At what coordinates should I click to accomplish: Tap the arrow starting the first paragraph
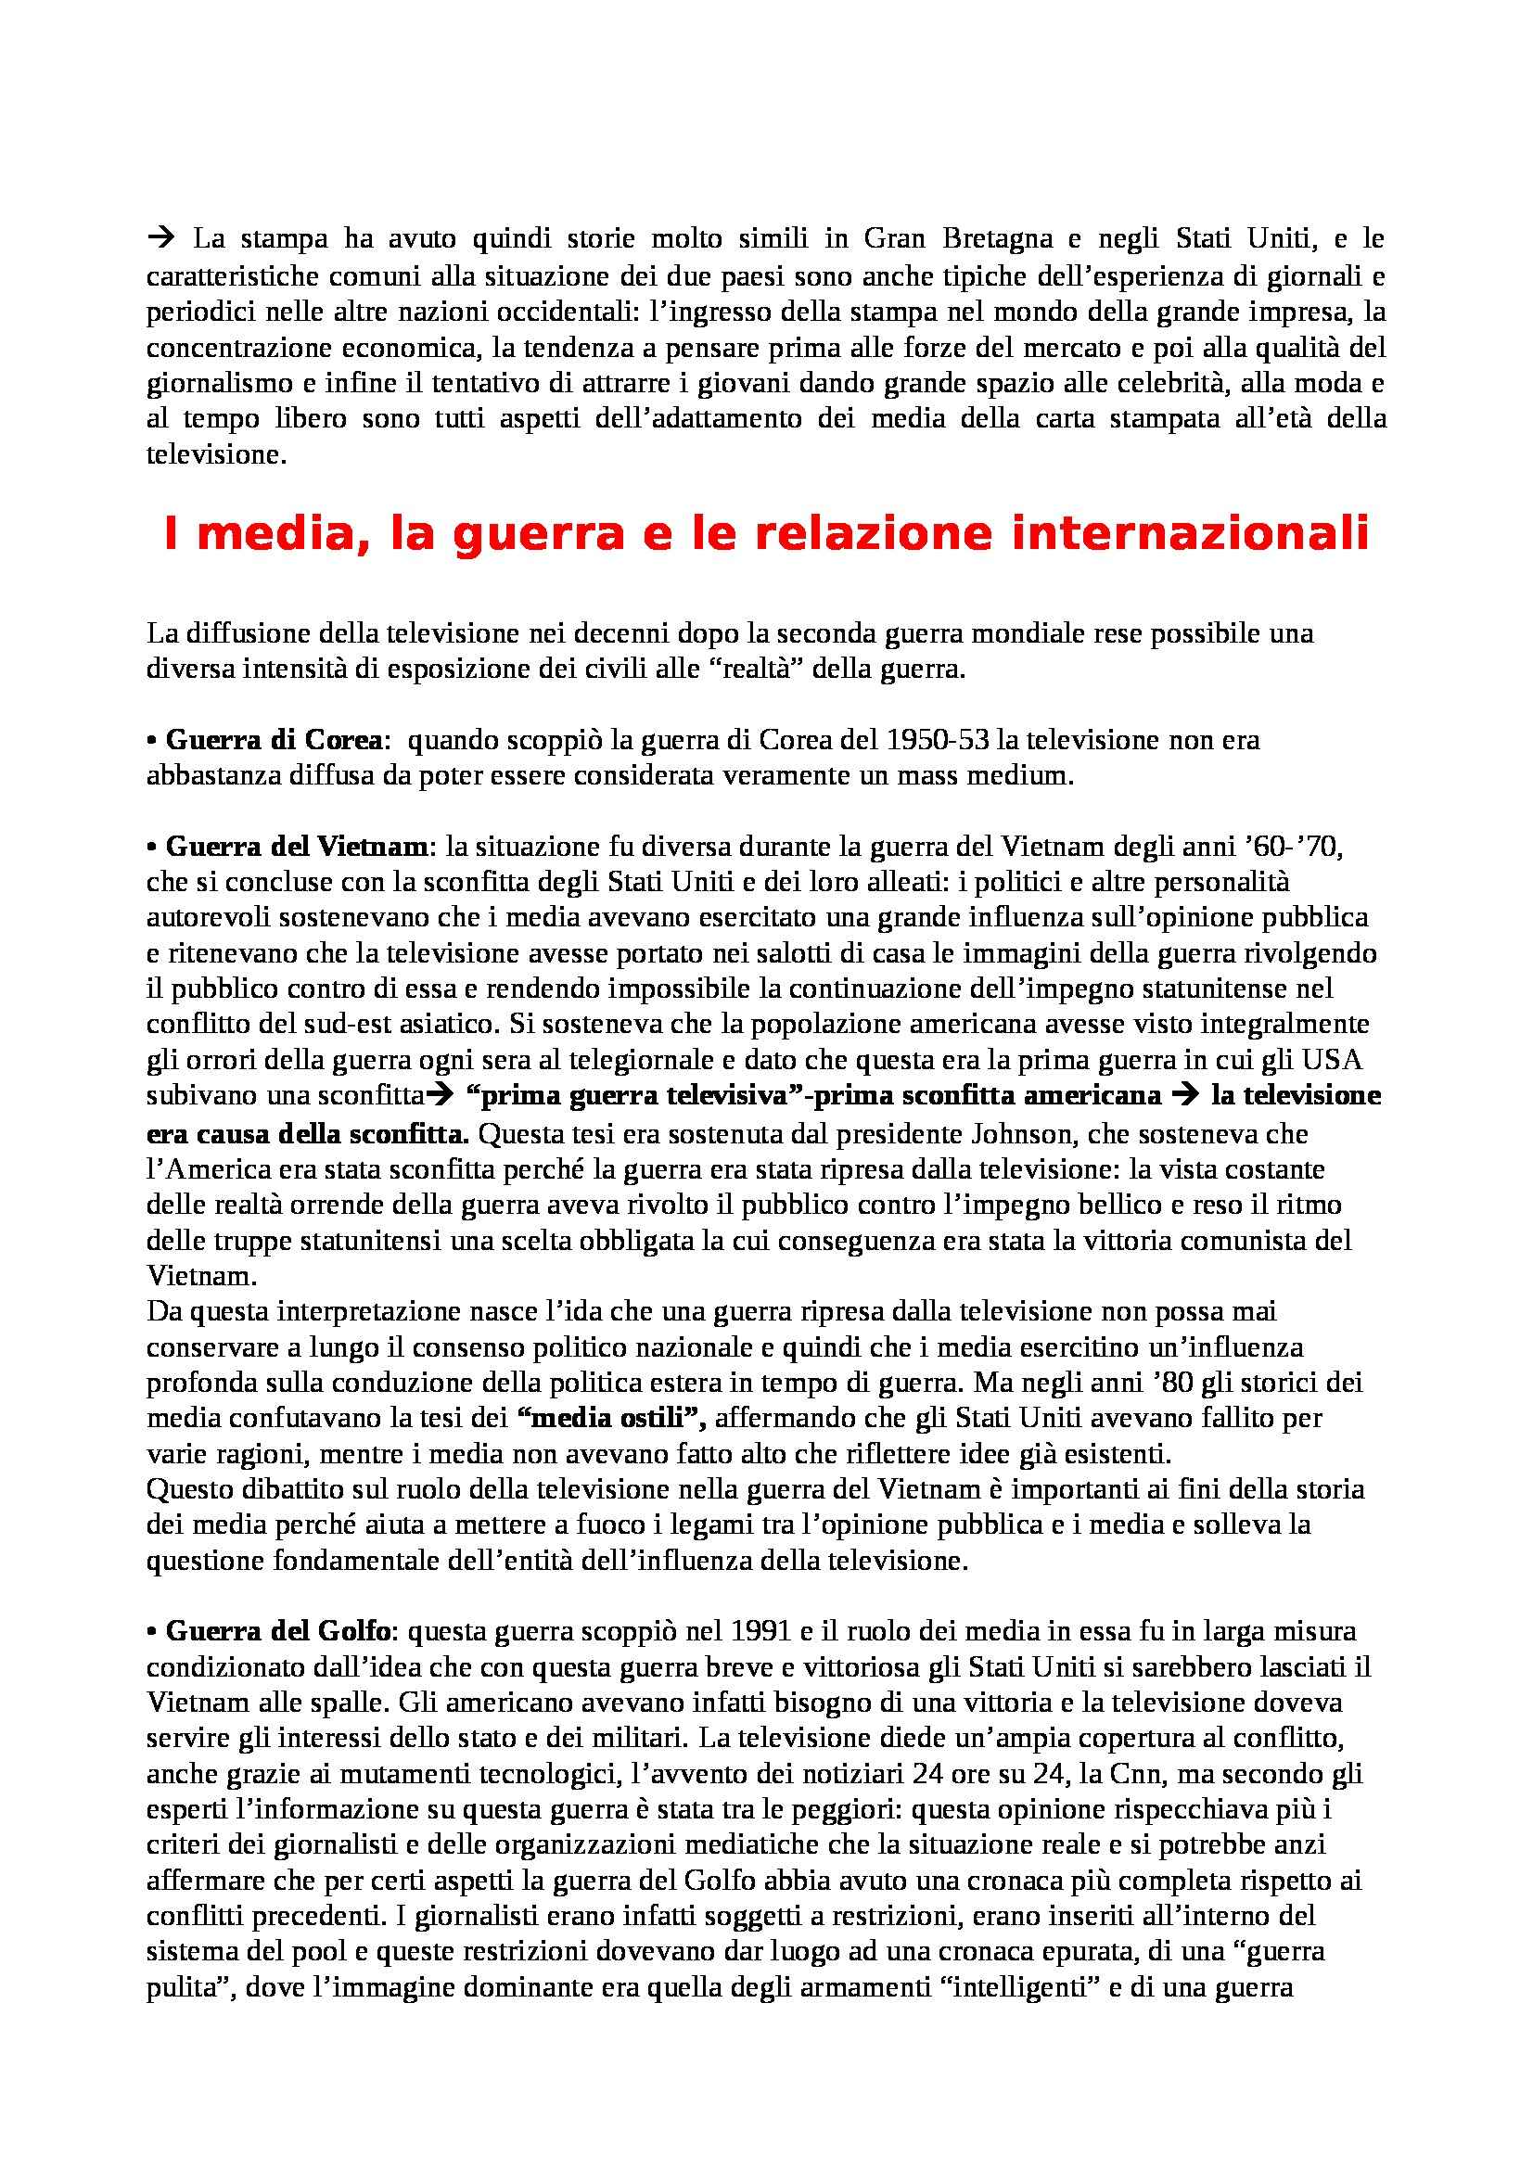(158, 239)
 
